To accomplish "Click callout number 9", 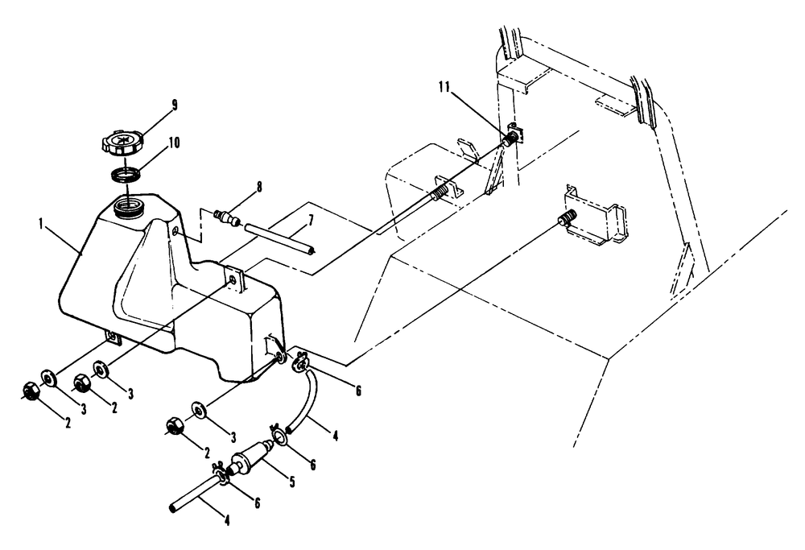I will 174,105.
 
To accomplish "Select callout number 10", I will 174,143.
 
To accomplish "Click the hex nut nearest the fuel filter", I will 173,425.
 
